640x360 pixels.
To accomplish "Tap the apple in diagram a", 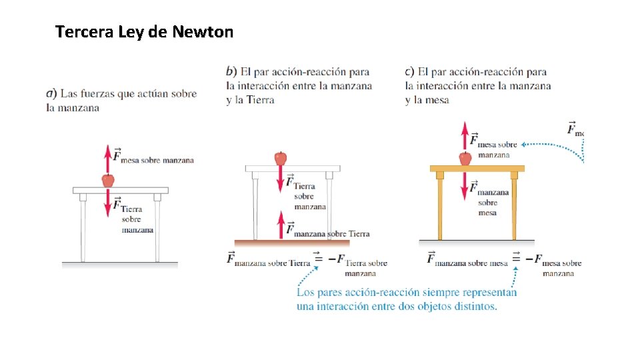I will (107, 180).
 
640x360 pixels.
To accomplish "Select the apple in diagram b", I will (281, 158).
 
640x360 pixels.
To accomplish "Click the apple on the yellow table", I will (465, 158).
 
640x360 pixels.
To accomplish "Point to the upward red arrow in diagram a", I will (107, 159).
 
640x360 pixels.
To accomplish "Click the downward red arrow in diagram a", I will (107, 203).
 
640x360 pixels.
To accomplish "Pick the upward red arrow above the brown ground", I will (281, 225).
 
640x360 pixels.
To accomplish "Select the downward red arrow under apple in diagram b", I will (281, 181).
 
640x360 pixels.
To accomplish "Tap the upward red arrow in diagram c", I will (465, 136).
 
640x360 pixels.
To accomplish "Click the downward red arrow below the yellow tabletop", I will (465, 189).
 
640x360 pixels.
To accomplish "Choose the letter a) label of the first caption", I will (51, 94).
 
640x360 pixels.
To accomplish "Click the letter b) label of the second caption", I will (231, 71).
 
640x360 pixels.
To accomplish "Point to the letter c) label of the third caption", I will (409, 71).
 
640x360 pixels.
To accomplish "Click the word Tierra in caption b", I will (260, 100).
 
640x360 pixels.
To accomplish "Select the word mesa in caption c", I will (435, 100).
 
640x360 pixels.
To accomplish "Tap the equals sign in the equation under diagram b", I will (319, 259).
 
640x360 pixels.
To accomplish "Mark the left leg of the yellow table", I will (440, 207).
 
